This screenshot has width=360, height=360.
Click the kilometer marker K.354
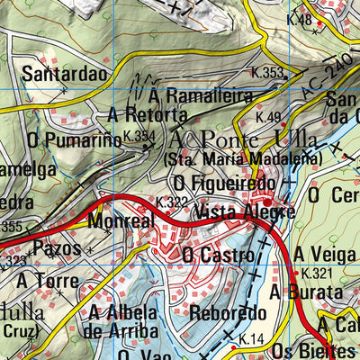[x=139, y=136]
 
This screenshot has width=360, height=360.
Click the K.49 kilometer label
[x=268, y=117]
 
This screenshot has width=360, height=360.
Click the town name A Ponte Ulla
[x=242, y=139]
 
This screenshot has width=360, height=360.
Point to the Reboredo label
[x=229, y=313]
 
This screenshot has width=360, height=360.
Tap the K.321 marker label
[x=316, y=273]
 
